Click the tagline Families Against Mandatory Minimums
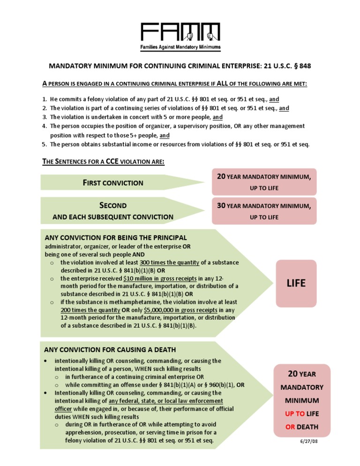(x=180, y=47)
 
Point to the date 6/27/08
(x=309, y=441)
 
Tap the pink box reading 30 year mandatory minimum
(x=264, y=210)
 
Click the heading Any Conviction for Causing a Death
(x=110, y=349)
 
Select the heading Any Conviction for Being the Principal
(x=115, y=237)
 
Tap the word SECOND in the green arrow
(x=113, y=205)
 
